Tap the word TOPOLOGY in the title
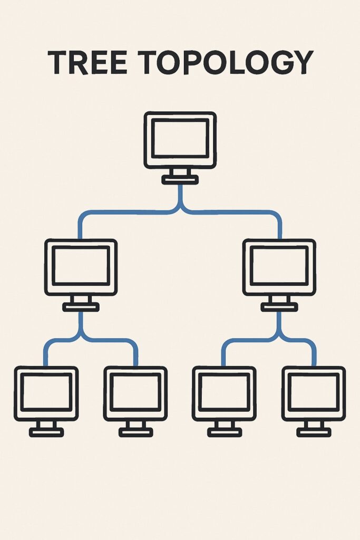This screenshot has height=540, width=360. coord(221,63)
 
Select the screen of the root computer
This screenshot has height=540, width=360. coord(180,138)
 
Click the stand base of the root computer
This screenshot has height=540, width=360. coord(180,180)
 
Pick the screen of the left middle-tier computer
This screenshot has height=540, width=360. coord(81,265)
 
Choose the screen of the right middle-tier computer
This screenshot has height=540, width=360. coord(279,265)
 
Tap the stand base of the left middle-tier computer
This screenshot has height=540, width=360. coord(81,307)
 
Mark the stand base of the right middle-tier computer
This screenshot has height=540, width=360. coord(279,307)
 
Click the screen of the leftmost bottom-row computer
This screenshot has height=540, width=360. coord(46,392)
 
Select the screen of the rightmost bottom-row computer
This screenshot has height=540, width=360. coord(314,392)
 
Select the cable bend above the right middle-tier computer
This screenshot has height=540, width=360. coord(277,216)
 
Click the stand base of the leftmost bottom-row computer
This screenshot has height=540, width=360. coord(46,432)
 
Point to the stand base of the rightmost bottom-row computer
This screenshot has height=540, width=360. coord(314,432)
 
